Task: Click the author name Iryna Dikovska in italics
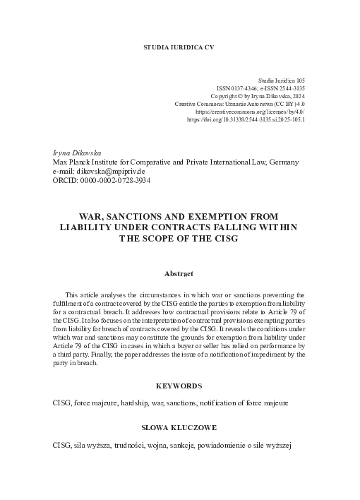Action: click(x=78, y=153)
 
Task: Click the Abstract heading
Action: click(x=179, y=273)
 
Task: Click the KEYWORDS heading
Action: click(x=179, y=386)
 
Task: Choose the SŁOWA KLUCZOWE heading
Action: click(x=179, y=429)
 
